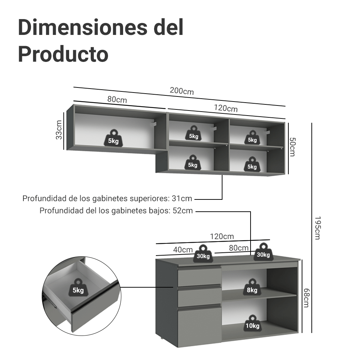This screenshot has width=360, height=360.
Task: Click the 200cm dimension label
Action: pos(181,91)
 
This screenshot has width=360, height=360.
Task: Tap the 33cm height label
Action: pos(59,130)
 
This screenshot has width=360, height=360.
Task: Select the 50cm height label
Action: pos(292,147)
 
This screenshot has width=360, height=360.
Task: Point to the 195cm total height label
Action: pos(318,228)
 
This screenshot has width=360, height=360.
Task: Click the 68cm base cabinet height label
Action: pos(306,298)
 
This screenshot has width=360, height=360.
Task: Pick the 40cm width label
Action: pos(183,250)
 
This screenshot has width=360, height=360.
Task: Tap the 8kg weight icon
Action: pos(252,287)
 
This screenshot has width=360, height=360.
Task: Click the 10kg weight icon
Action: pos(252,323)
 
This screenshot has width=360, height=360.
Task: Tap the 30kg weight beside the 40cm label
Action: pos(203,253)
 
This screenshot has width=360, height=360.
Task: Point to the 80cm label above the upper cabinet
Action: pos(117,99)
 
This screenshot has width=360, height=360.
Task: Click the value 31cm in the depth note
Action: pos(182,199)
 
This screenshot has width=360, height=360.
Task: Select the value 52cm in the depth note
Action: pos(183,211)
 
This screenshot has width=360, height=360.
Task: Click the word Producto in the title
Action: pos(63,54)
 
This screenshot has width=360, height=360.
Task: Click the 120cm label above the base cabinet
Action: pos(222,237)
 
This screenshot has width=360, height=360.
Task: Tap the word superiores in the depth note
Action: pos(149,199)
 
